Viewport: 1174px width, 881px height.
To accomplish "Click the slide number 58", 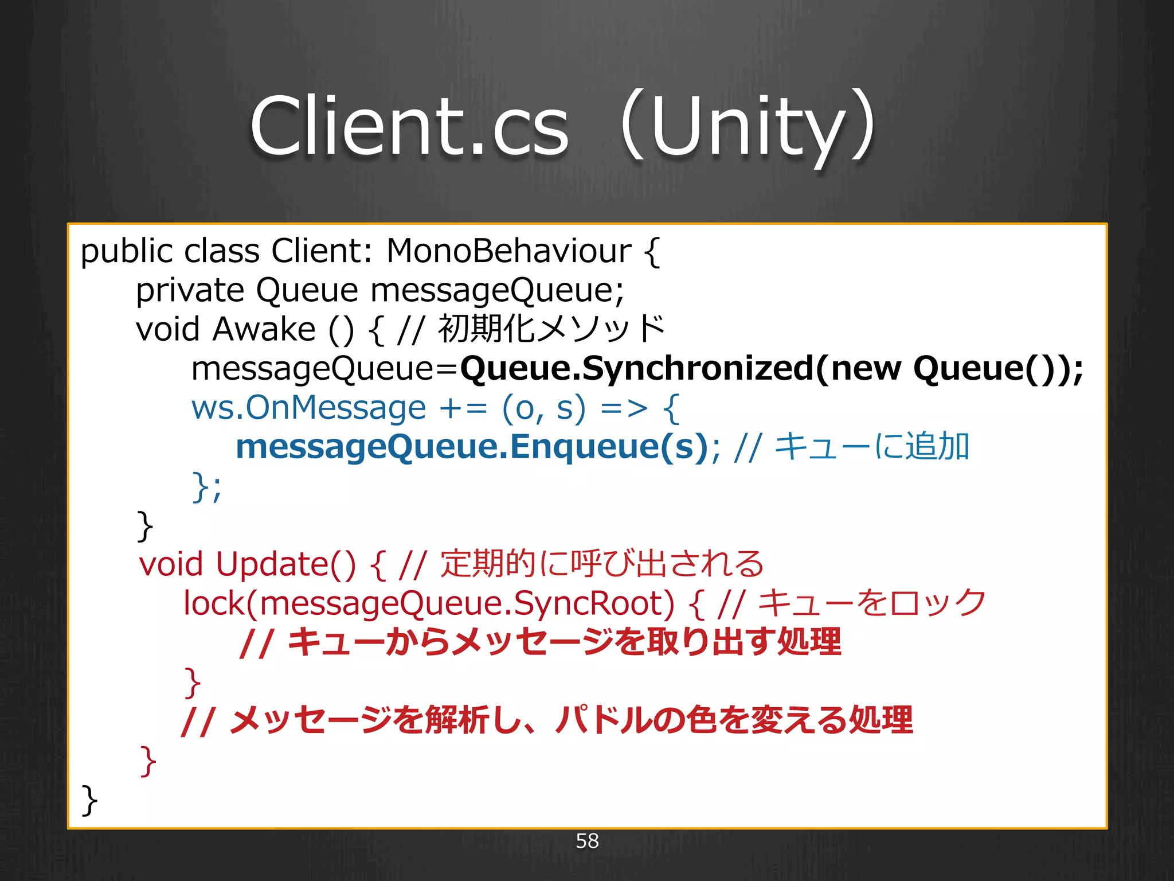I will click(587, 841).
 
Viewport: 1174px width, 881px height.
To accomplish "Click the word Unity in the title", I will click(748, 126).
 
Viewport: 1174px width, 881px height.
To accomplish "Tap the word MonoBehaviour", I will click(508, 251).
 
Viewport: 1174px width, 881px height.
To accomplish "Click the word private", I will click(190, 291).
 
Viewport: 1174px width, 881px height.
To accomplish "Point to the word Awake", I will click(264, 330).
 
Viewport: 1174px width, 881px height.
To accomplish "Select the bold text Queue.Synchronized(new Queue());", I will click(771, 368).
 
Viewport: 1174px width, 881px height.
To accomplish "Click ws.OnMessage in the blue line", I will click(308, 408).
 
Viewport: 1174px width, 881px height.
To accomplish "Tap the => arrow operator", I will click(624, 408).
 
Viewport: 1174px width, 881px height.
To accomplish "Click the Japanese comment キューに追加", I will click(871, 447).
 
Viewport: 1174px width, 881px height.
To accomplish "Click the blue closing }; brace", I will click(206, 487).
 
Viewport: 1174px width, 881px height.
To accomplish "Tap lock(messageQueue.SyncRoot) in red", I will click(428, 603).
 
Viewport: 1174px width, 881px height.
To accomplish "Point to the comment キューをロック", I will click(871, 603).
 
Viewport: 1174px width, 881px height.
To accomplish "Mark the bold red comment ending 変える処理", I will click(547, 720).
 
